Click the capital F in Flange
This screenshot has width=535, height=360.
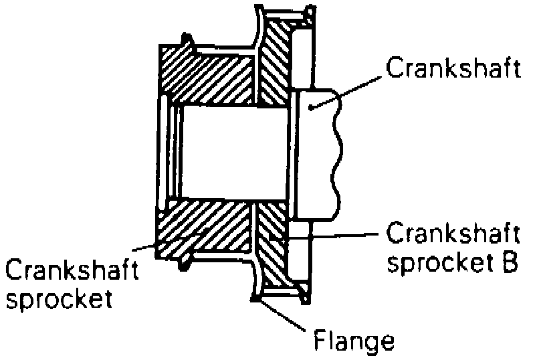319,341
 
